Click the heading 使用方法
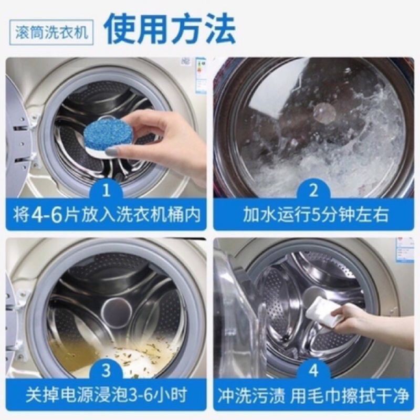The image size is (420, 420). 169,29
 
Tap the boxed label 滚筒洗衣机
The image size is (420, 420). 51,32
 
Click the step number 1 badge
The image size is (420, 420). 107,191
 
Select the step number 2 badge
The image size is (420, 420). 313,191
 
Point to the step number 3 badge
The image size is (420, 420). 107,371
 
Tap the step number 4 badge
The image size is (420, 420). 313,371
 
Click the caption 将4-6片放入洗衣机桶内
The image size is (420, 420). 107,215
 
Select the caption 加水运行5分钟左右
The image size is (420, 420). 316,215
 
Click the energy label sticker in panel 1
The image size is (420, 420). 201,76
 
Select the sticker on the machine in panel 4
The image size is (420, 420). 404,249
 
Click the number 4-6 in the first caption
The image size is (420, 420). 47,215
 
